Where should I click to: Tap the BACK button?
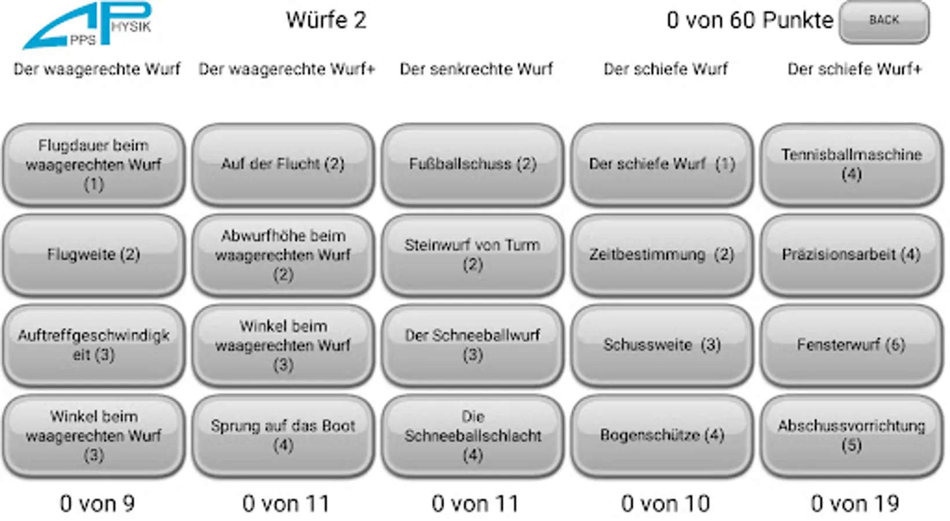pos(884,21)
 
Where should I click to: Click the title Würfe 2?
pos(326,20)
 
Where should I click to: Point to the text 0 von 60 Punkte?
pos(750,20)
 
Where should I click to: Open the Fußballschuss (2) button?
pos(473,164)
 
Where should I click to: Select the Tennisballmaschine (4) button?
pos(852,164)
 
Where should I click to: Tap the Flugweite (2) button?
pos(94,255)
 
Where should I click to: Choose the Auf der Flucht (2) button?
pos(283,164)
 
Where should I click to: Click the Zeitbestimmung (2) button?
pos(662,255)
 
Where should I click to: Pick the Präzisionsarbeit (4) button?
pos(852,255)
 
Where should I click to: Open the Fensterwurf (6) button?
pos(852,345)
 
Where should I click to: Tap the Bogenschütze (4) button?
pos(662,435)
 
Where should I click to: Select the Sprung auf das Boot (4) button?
pos(283,435)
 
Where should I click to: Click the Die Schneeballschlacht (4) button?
pos(473,435)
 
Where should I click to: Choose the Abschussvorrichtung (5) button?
pos(852,435)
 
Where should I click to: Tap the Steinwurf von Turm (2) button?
pos(473,255)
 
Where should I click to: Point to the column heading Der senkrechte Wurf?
pos(476,69)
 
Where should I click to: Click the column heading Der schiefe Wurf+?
pos(854,69)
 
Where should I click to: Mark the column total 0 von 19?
pos(854,504)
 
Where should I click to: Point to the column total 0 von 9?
pos(97,504)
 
